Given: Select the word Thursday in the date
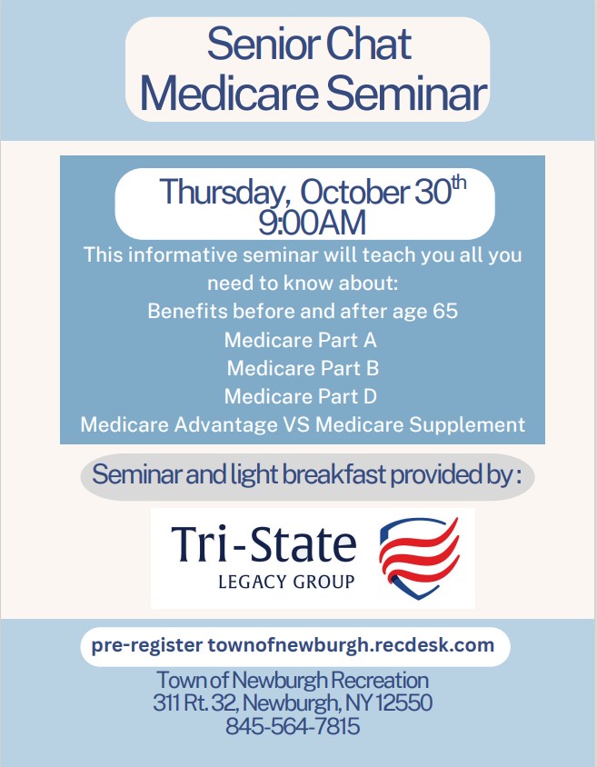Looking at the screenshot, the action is click(222, 192).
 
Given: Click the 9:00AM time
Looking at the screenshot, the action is click(313, 223).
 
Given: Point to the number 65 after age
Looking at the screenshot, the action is click(445, 311).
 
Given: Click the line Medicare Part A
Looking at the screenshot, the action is click(301, 340).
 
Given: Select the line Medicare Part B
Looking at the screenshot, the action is click(303, 368).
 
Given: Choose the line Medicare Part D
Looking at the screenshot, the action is click(301, 396).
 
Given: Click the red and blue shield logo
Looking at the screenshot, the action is click(420, 558).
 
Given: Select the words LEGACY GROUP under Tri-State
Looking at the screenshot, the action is click(286, 582).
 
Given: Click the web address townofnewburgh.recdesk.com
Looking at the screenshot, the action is click(351, 645).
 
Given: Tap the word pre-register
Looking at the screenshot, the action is click(146, 646).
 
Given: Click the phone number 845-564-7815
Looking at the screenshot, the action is click(293, 726).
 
